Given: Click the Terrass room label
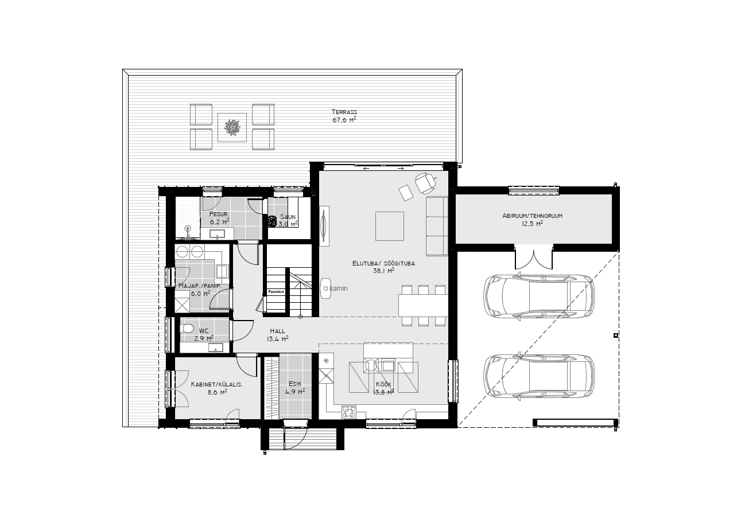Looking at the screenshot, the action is click(344, 112).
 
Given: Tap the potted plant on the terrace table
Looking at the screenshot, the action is click(231, 127).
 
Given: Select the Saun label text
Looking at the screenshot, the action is click(288, 217).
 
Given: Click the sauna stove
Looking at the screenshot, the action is click(272, 221).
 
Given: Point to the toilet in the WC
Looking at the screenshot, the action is click(187, 328).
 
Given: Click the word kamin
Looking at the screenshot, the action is click(339, 288).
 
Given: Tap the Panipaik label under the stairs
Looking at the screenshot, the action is click(276, 292).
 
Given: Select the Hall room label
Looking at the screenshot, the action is click(277, 331).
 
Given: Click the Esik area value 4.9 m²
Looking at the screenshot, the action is click(295, 392).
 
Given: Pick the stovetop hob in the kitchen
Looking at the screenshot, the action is click(349, 412).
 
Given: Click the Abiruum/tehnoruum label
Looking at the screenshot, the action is click(532, 216).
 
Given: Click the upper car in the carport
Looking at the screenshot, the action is click(538, 296).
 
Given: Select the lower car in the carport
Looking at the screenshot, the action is click(538, 376).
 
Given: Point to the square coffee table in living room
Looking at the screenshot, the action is click(389, 226).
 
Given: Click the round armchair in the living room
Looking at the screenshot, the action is click(425, 183).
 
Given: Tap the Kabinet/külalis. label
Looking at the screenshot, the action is click(217, 384).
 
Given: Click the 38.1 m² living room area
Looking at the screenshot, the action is click(384, 271).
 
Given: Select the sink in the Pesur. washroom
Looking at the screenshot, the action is click(217, 234).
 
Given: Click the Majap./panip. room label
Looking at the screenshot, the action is click(200, 286).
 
